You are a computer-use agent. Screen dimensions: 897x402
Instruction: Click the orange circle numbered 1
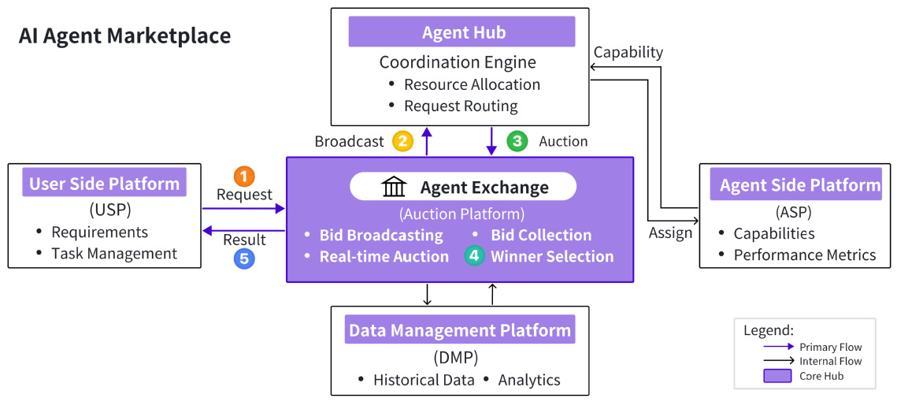[243, 177]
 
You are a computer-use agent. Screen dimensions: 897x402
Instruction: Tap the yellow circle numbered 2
[402, 141]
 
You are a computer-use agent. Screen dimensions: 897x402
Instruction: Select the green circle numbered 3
[517, 141]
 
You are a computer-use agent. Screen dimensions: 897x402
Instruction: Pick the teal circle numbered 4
[473, 256]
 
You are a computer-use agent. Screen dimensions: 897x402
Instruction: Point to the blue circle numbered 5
[243, 259]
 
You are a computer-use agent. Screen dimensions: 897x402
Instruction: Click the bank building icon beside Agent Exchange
[395, 188]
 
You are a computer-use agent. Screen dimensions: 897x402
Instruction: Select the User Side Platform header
[104, 183]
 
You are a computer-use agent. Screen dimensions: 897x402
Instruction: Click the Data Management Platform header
[459, 329]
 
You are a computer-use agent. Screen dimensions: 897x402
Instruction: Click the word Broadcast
[349, 141]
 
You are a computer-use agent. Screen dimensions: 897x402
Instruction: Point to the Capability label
[628, 52]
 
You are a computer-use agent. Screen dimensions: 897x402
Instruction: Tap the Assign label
[670, 233]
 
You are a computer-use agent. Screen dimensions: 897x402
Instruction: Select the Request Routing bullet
[453, 106]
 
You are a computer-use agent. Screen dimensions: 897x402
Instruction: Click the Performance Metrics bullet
[797, 255]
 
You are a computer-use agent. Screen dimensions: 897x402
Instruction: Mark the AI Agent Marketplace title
[124, 36]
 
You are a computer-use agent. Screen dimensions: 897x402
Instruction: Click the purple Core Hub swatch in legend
[777, 376]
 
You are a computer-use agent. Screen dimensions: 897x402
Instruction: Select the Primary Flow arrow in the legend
[779, 347]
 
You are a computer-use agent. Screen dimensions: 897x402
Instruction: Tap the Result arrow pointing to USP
[244, 231]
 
